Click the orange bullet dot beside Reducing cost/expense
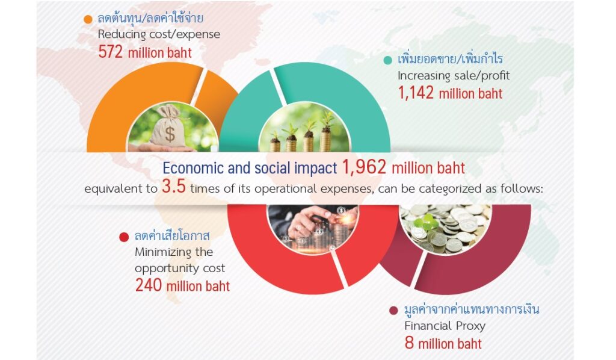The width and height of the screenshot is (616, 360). coord(88,19)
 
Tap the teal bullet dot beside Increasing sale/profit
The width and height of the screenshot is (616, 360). coord(387,60)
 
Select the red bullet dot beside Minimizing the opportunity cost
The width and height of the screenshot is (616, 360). coord(124,237)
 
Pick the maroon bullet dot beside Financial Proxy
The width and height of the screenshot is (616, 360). coord(393,311)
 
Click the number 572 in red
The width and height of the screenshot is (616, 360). coord(111,52)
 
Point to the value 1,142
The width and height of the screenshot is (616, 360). coord(416,93)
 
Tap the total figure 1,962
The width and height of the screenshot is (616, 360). coord(364,167)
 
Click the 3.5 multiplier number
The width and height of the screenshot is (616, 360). coord(174,187)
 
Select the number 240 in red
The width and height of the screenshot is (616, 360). coord(149,285)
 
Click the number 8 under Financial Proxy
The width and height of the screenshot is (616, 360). coord(409,343)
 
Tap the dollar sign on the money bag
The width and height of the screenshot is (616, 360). coord(170,134)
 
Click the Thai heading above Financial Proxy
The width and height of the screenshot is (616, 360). coord(472,309)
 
